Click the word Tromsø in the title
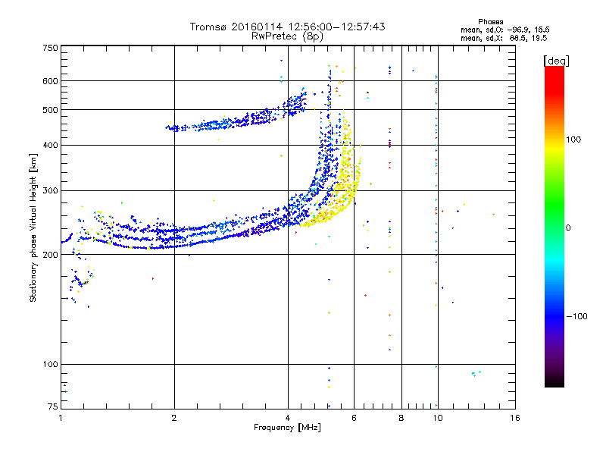[x=207, y=27]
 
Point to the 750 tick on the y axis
[x=51, y=47]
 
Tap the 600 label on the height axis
[x=51, y=81]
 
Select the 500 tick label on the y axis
[x=51, y=110]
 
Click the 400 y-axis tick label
[x=51, y=145]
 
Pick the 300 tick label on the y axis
[x=51, y=190]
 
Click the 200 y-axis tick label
[x=51, y=255]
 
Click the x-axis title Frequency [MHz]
[x=287, y=428]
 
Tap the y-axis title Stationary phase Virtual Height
[x=33, y=227]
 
